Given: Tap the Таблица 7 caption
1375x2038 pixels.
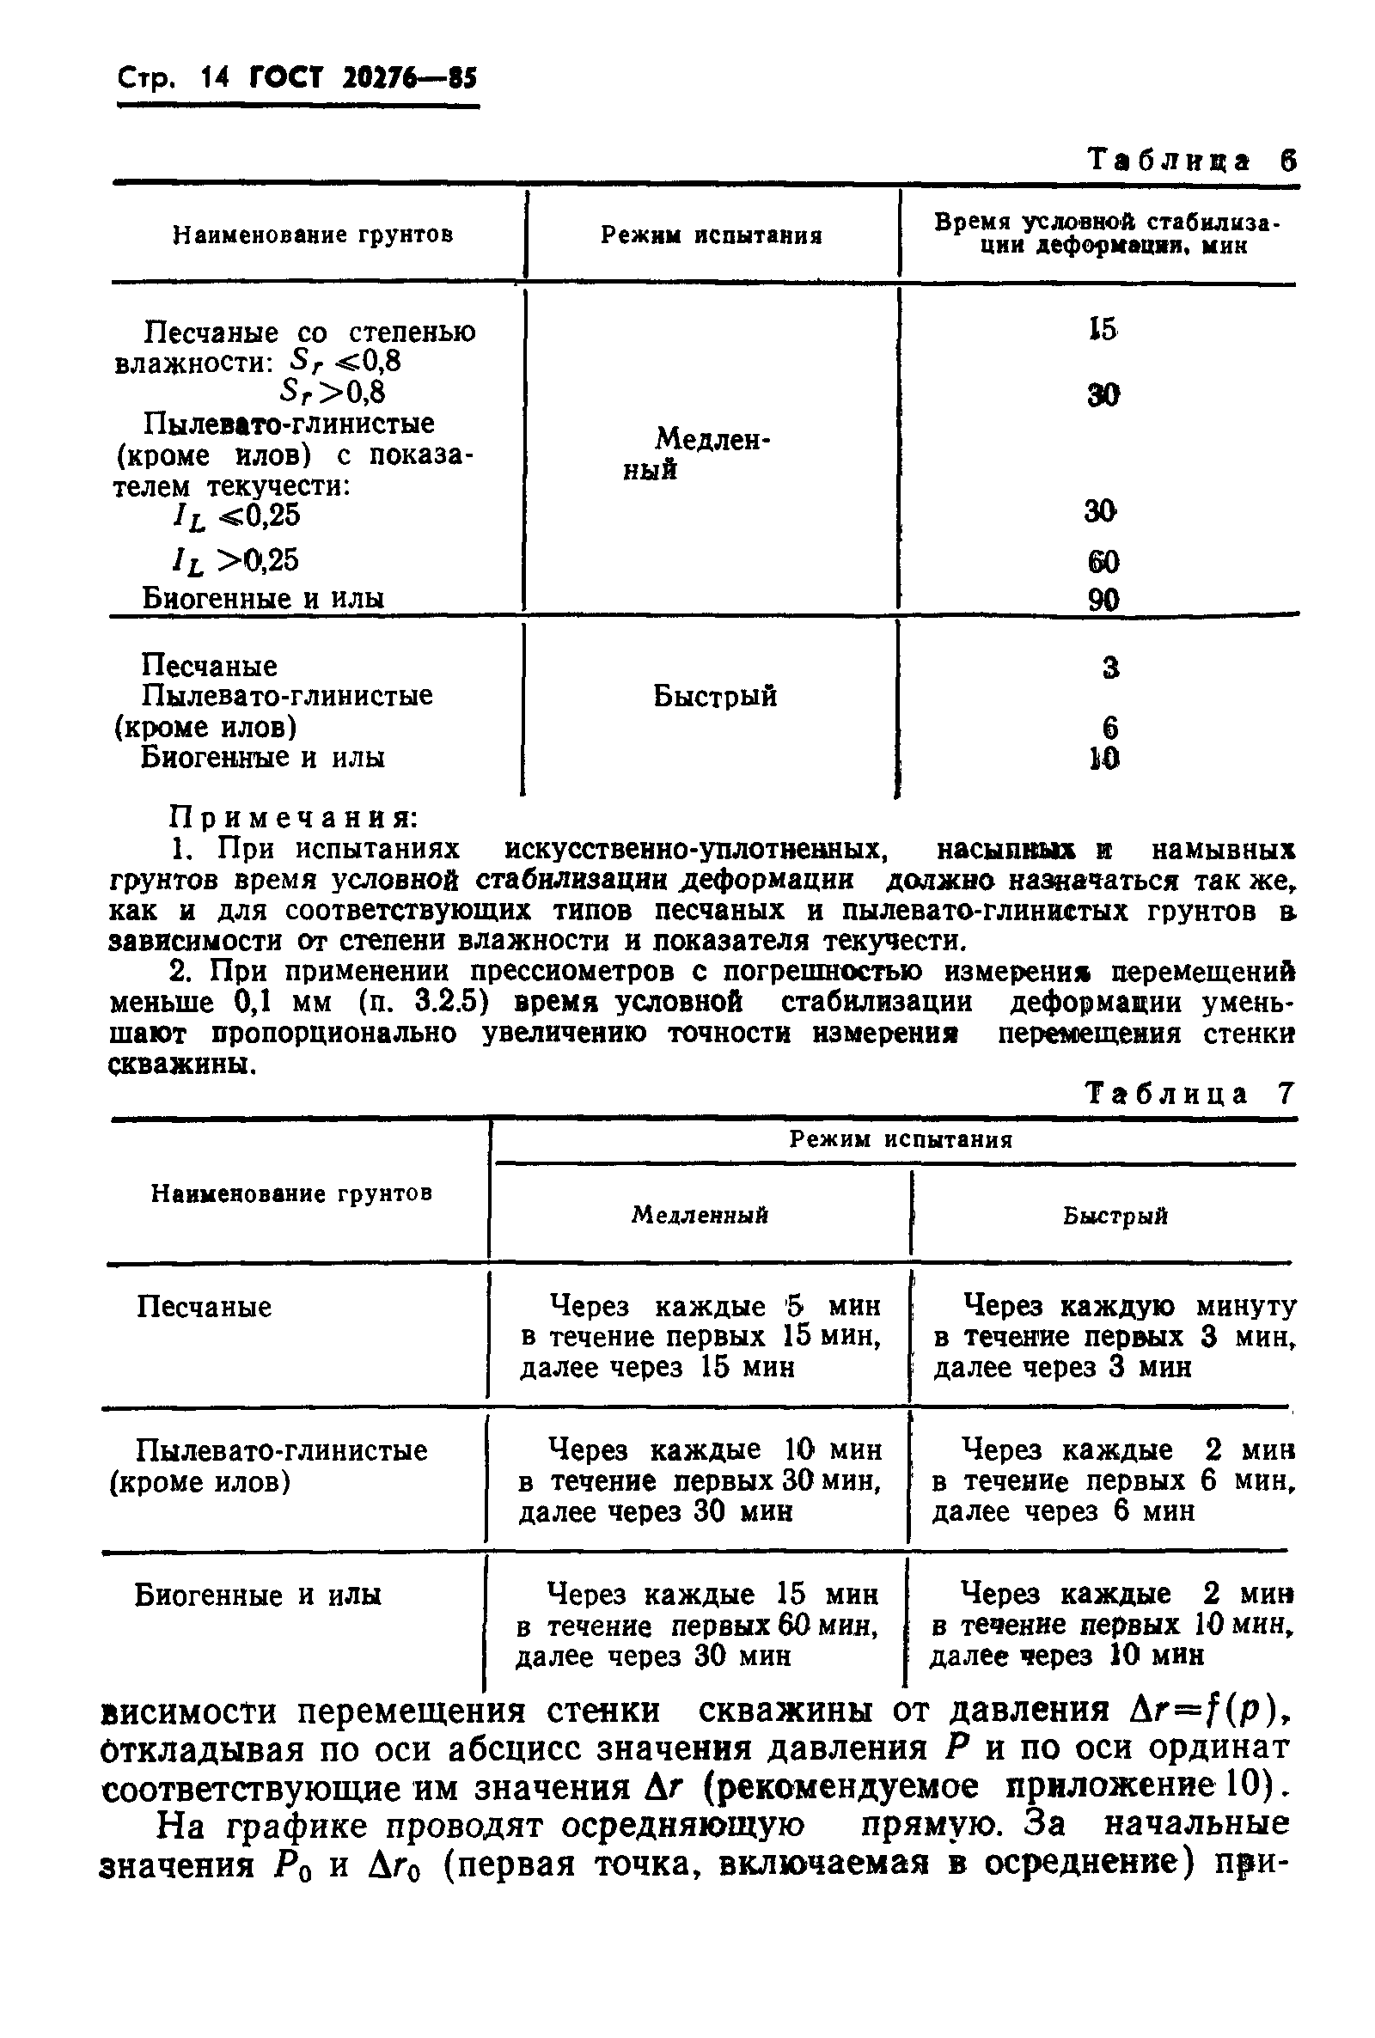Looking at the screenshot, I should coord(1189,1094).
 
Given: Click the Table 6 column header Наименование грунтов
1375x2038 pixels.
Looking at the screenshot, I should coord(313,235).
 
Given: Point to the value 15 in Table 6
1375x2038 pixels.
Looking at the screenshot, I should coord(1103,330).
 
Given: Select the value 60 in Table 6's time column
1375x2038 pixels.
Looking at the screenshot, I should coord(1103,561).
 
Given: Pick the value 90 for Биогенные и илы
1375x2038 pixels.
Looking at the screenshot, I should coord(1103,600).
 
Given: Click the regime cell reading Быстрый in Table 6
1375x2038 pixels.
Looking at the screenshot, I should coord(715,697).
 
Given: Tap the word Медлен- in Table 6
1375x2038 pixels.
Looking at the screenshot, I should coord(712,438).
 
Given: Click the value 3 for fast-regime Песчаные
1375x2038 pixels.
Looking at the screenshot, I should coord(1109,668).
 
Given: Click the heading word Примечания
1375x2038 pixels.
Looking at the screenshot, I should coord(293,818).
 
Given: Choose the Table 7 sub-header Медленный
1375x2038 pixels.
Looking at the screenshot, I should coord(700,1215).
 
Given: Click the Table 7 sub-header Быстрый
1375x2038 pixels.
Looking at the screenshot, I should coord(1115,1216).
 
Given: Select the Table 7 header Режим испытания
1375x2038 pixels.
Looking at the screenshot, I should coord(901,1139).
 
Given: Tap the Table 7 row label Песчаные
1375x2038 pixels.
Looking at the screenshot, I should coord(204,1307).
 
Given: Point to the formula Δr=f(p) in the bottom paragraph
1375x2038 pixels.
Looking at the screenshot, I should coord(1207,1710).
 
